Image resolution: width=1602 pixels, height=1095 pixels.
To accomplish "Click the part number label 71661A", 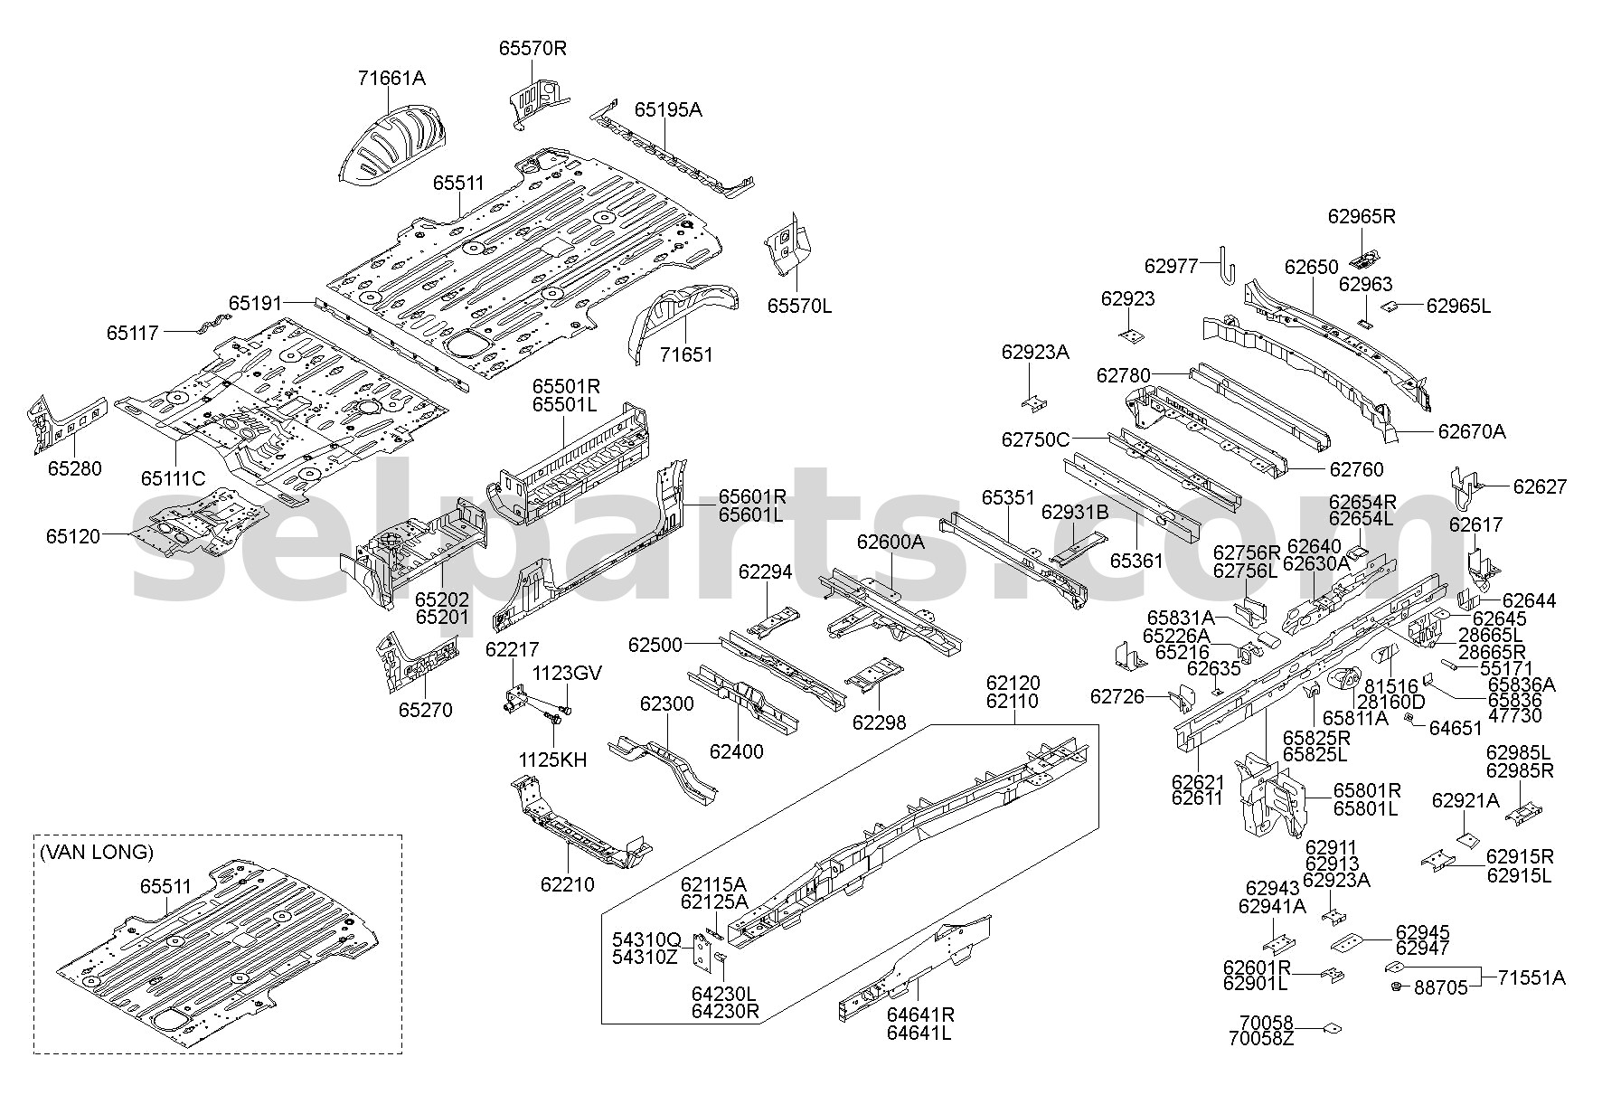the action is [390, 78].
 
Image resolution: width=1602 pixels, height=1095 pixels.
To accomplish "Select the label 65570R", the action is [532, 48].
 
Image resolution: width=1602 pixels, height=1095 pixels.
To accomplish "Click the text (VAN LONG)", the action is [96, 851].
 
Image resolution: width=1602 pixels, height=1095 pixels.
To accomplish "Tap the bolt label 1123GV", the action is [567, 673].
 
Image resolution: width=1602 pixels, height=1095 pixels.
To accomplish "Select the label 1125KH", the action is [552, 760].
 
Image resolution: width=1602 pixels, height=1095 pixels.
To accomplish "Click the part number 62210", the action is [568, 883].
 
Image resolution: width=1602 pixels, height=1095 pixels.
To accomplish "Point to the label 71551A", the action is [1531, 977].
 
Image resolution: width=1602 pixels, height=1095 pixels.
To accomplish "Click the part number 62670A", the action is [1472, 432].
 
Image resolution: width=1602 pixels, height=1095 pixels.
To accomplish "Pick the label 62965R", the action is [1362, 216].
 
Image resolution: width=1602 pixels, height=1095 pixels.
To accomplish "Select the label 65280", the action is [75, 468].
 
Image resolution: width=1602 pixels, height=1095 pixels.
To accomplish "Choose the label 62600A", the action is [891, 542].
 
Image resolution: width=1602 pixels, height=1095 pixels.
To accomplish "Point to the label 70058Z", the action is [1261, 1039].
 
